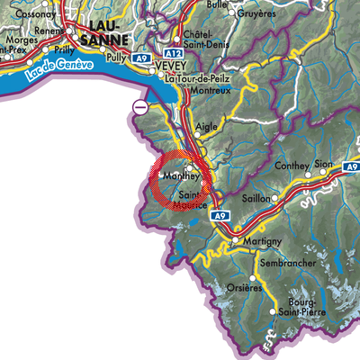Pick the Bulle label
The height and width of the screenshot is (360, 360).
coord(217,4)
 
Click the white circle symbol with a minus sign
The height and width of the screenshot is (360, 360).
coord(139,108)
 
